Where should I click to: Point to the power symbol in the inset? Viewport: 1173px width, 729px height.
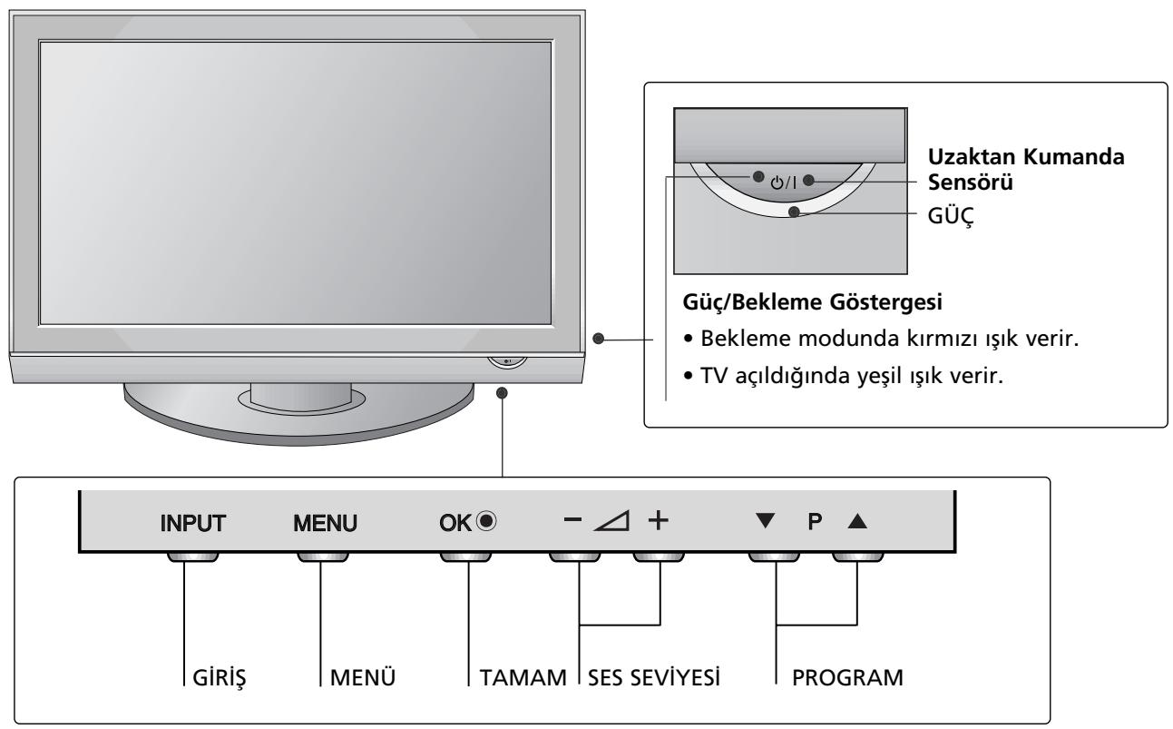pos(776,182)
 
